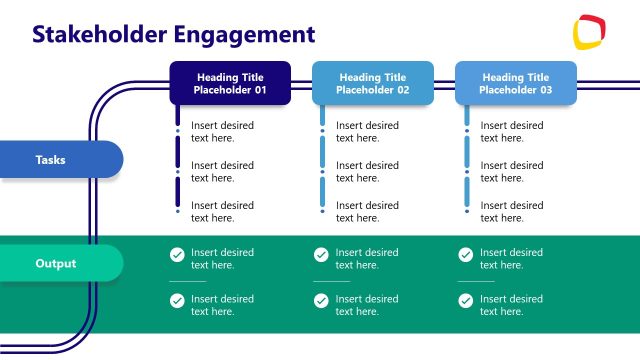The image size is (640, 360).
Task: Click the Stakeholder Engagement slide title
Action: [173, 34]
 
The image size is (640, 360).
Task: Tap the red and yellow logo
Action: [590, 32]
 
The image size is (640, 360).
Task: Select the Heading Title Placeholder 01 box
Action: [230, 83]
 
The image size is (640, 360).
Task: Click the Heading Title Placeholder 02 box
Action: [373, 83]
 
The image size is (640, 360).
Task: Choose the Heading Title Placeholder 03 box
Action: [516, 83]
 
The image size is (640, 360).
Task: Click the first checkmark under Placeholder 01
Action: [177, 255]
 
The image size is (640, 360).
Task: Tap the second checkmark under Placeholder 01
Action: [177, 301]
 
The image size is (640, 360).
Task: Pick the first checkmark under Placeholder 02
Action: [321, 255]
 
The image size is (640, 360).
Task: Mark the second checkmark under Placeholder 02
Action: [321, 301]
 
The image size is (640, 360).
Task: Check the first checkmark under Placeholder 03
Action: [465, 255]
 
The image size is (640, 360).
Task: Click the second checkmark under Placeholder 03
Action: [465, 301]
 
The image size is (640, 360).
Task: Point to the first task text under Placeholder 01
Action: [222, 132]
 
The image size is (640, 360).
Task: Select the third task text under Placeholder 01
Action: [222, 211]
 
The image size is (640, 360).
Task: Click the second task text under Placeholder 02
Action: [367, 172]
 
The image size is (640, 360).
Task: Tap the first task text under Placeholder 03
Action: [511, 132]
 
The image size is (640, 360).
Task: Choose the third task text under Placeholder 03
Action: [511, 211]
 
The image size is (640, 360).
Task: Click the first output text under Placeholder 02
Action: [367, 259]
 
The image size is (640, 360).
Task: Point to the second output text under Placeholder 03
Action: [511, 305]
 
